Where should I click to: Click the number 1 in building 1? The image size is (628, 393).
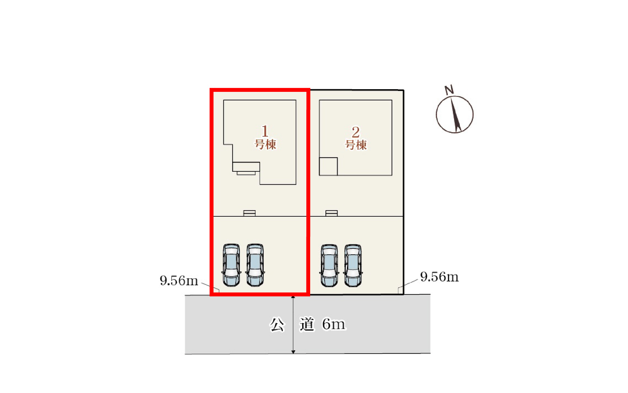[265, 131]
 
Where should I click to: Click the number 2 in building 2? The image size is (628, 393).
[355, 132]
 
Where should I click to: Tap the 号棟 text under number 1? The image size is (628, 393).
[265, 145]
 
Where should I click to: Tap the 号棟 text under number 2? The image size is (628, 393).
[356, 145]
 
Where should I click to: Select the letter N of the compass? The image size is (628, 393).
[449, 89]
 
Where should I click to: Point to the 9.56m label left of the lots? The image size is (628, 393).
[179, 281]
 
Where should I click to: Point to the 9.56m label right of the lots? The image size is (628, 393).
[439, 277]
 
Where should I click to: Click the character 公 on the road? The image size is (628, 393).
[277, 324]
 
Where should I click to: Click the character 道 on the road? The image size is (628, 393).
[307, 324]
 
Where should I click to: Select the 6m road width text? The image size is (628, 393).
[334, 324]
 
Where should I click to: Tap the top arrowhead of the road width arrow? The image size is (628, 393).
[293, 298]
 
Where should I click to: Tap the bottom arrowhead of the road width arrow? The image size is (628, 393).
[293, 351]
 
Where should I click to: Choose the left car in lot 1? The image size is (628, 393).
[231, 265]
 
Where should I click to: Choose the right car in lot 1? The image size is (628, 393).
[255, 265]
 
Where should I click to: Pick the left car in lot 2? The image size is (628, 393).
[329, 265]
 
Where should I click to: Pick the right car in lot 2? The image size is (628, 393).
[353, 265]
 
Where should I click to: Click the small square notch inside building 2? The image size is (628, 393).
[328, 166]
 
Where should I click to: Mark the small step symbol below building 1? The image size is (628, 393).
[249, 213]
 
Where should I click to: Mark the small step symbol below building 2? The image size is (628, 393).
[331, 213]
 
